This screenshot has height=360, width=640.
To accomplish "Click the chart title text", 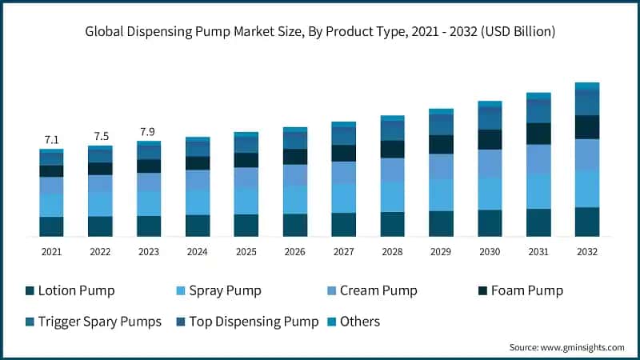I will coord(320,32).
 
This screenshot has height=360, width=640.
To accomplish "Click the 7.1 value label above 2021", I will coord(51,140).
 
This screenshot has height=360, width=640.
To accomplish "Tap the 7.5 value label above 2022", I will coord(100,136).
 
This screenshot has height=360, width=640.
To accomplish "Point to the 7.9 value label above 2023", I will coord(149,131).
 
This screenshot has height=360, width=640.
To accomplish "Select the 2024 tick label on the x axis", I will coord(198,250).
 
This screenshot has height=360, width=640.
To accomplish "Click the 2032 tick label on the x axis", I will coord(587,250).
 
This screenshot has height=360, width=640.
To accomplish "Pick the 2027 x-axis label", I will coord(344,250).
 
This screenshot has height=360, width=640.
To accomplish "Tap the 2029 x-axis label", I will coord(441,250).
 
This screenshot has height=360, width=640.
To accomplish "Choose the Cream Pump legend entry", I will coord(376,290).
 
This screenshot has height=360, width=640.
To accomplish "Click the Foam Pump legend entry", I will coord(524,290).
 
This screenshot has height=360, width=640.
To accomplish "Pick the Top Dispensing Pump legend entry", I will coord(248,322).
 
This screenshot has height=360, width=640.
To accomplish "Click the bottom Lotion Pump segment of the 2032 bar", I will coord(587,222).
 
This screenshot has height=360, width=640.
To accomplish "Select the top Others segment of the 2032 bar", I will coord(587,86).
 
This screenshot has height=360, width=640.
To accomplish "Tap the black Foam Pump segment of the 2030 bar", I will coord(490,139).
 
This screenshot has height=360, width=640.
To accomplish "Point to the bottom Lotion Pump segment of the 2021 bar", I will coord(51,226).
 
